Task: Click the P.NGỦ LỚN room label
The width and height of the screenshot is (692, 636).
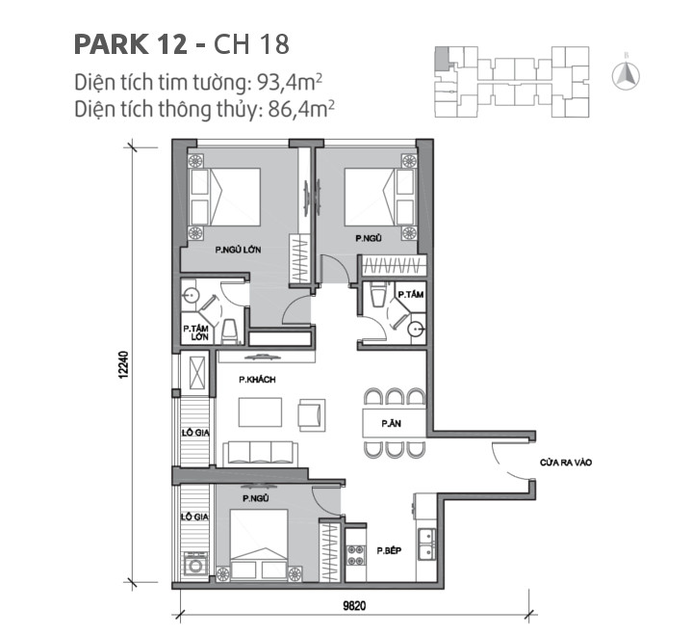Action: [x=239, y=250]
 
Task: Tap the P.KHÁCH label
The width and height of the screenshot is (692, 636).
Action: [x=258, y=380]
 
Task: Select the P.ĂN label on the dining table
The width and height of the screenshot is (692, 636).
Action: [x=390, y=423]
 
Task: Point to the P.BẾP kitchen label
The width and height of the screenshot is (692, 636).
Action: [x=390, y=550]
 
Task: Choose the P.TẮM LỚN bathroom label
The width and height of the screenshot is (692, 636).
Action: [x=196, y=332]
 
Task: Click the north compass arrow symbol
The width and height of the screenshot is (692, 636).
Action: [x=623, y=74]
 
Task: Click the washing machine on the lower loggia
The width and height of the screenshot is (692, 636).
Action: [x=195, y=563]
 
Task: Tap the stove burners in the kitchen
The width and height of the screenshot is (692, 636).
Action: [x=355, y=553]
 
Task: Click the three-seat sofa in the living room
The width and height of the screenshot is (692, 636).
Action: [x=257, y=452]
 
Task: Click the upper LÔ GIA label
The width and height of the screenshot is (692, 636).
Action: [x=196, y=433]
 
